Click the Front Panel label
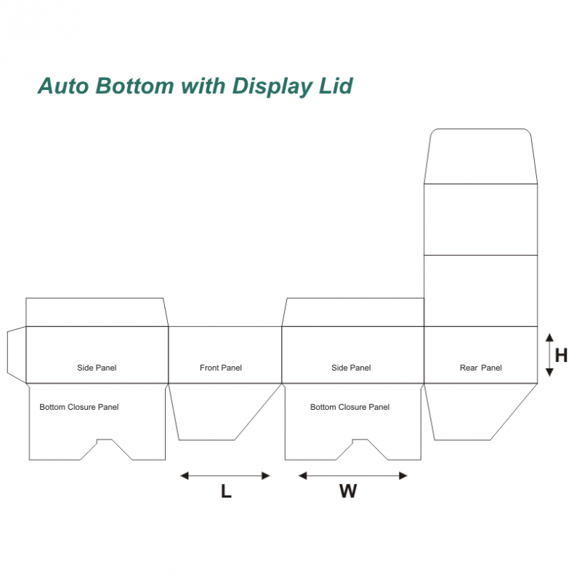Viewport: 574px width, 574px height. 221,368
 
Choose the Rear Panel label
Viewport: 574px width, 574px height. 480,368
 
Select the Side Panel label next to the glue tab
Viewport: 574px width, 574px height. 97,368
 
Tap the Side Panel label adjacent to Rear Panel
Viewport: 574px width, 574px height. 351,368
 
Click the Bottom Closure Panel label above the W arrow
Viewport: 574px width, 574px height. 349,407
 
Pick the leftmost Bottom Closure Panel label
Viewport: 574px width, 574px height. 79,407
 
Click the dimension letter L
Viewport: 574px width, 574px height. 226,492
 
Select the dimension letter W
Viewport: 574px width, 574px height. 348,492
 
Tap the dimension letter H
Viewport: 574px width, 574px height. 561,355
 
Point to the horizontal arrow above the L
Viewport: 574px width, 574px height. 225,476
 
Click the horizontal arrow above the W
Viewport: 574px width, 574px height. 352,476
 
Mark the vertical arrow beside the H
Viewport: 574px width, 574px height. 549,355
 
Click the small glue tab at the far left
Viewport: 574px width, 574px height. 16,355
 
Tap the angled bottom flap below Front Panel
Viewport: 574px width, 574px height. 218,411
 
